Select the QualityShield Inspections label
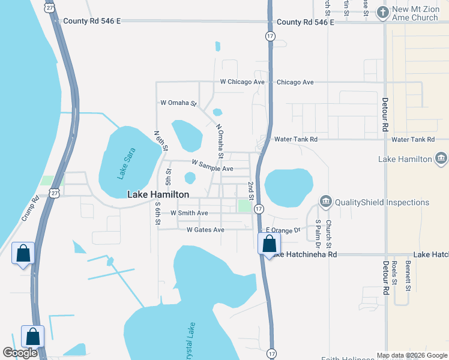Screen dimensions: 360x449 pyautogui.click(x=382, y=202)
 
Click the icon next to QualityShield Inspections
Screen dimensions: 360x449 pyautogui.click(x=325, y=201)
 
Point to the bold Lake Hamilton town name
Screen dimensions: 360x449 pyautogui.click(x=158, y=194)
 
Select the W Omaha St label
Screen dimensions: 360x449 pyautogui.click(x=178, y=103)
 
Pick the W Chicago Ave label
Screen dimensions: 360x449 pyautogui.click(x=242, y=82)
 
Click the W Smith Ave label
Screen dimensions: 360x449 pyautogui.click(x=189, y=213)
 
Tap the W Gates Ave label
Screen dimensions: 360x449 pyautogui.click(x=205, y=230)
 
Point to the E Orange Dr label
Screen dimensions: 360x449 pyautogui.click(x=283, y=230)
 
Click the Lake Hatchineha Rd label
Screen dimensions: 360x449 pyautogui.click(x=302, y=255)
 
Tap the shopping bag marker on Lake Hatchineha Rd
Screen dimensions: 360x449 pyautogui.click(x=269, y=244)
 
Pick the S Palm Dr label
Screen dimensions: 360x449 pyautogui.click(x=318, y=233)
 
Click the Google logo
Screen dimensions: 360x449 pyautogui.click(x=20, y=353)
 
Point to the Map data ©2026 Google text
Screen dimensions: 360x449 pyautogui.click(x=412, y=355)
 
